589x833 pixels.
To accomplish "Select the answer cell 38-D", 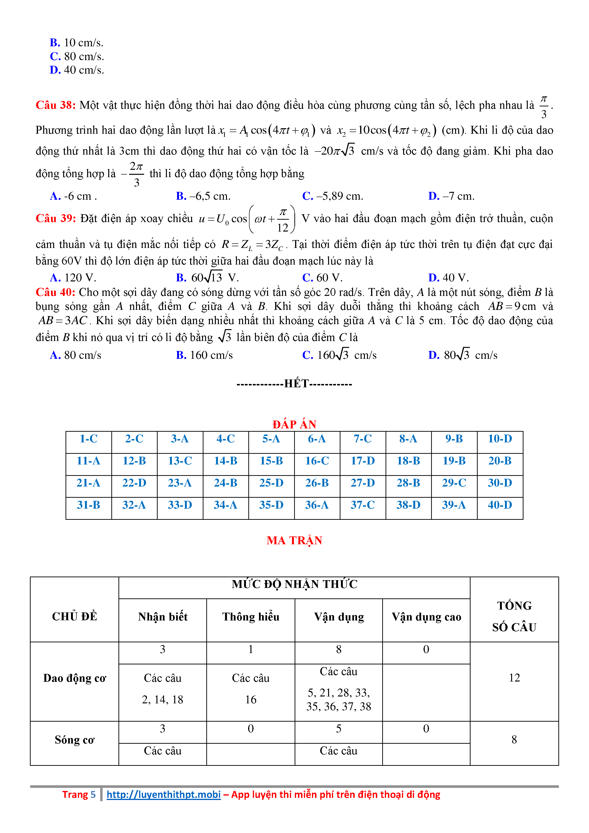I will click(x=408, y=505).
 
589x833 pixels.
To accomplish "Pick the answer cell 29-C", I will click(x=454, y=483).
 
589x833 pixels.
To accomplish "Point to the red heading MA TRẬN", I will click(x=294, y=541).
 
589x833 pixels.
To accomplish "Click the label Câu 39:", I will click(x=56, y=218).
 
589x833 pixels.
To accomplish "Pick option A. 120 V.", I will click(x=73, y=278).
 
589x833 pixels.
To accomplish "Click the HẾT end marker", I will click(x=294, y=384).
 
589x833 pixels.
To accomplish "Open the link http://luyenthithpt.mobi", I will click(x=164, y=795).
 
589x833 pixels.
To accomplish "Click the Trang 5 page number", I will click(x=79, y=795).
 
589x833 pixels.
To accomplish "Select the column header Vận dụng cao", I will click(x=426, y=617).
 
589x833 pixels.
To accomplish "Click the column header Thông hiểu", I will click(x=251, y=617).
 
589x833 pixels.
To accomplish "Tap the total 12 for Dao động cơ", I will click(x=514, y=678).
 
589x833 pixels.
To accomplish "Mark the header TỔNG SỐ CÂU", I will click(x=514, y=616).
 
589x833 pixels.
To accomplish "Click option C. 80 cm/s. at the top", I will click(x=77, y=57).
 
